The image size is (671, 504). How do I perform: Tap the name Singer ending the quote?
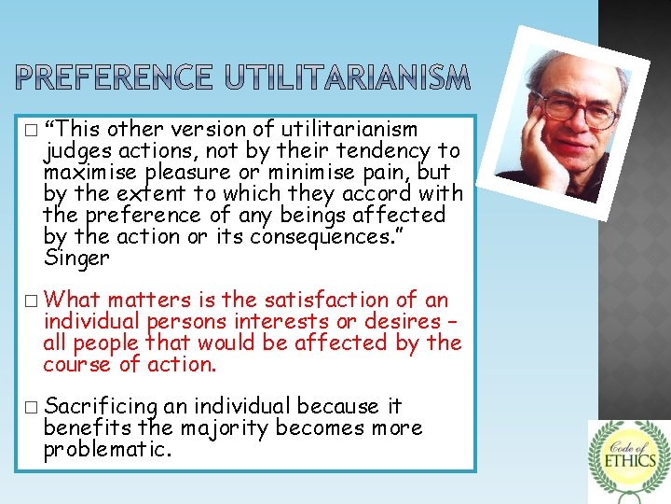pos(76,257)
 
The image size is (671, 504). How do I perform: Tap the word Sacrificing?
pos(101,407)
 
